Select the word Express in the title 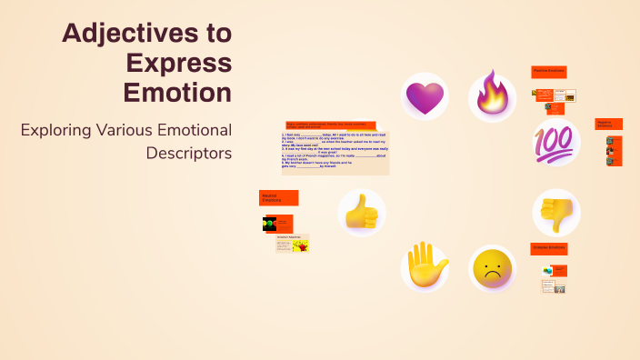[179, 63]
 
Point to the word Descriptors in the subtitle [189, 152]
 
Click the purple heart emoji [425, 97]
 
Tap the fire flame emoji [492, 95]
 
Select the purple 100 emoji [555, 144]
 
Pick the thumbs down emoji [555, 213]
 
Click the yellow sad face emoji [492, 269]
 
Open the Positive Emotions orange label [549, 72]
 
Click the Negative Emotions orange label [608, 124]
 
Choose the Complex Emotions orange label [549, 248]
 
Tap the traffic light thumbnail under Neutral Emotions [269, 224]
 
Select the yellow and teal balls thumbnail [548, 271]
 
